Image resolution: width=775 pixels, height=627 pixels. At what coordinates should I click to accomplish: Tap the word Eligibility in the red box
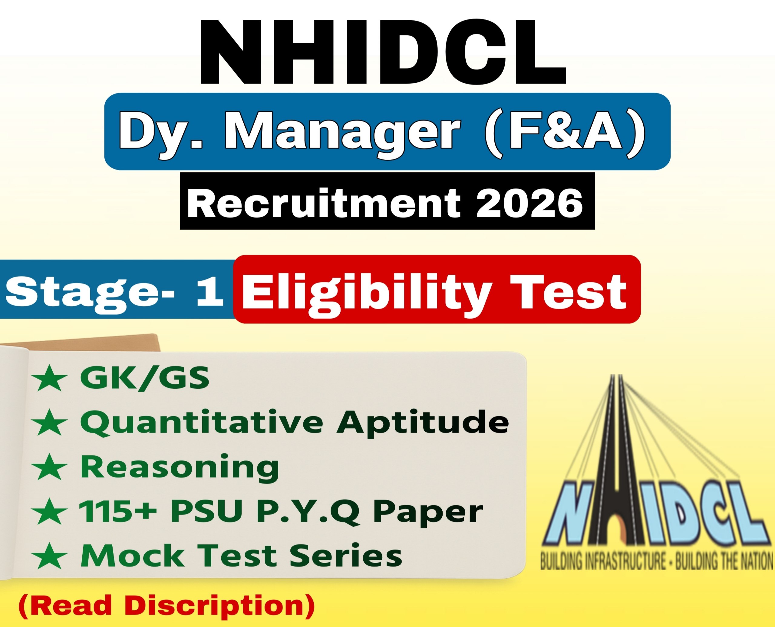click(x=366, y=293)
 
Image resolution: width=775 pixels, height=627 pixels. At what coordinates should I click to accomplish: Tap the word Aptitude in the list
click(x=422, y=423)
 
